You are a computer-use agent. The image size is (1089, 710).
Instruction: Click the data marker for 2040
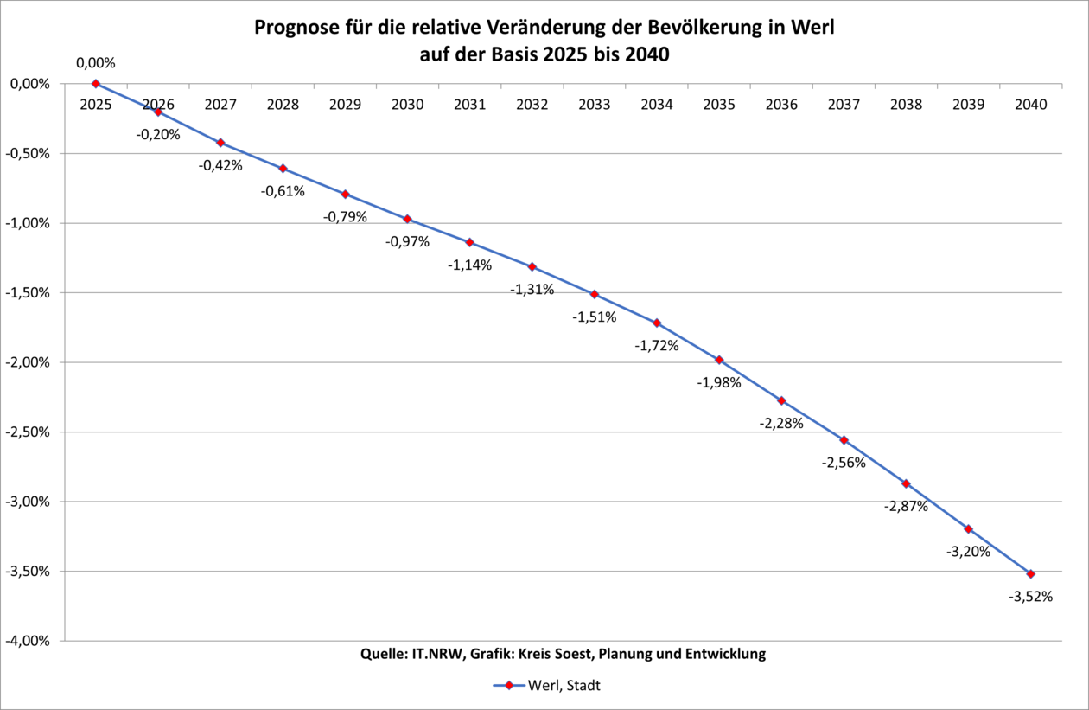1030,573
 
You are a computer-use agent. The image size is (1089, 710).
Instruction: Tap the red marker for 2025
96,84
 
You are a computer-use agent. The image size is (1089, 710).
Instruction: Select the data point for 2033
595,294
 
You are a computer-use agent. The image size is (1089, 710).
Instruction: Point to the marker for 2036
781,400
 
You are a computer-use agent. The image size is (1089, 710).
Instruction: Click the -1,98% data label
719,382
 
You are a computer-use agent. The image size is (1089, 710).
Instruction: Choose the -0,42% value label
220,165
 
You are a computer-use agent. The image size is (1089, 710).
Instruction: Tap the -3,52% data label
1030,596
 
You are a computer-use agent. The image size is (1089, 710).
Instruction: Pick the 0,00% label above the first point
96,63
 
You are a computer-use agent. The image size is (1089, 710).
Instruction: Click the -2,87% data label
906,506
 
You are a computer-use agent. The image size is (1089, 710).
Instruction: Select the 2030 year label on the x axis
408,105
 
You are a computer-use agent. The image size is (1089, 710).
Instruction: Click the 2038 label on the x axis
906,105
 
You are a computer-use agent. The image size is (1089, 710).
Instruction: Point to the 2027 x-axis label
220,105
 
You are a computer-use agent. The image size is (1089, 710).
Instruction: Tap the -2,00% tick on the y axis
28,362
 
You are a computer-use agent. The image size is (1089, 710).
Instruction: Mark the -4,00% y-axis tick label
28,641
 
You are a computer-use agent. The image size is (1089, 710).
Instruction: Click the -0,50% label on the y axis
28,153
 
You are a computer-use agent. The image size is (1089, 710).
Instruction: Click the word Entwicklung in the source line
725,654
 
